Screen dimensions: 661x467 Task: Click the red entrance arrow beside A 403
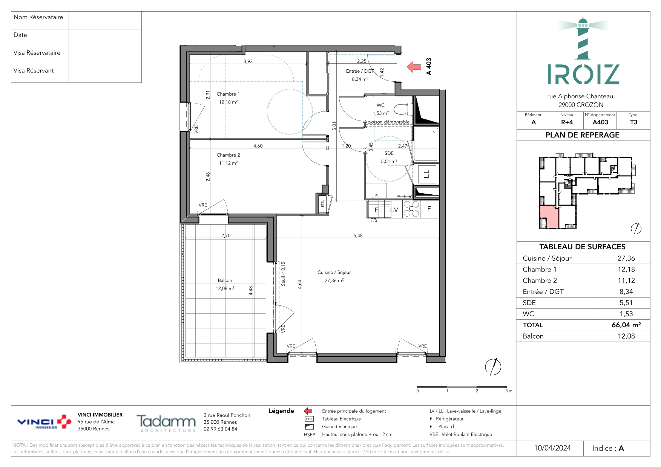tap(414, 67)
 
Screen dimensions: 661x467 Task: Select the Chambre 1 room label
tap(228, 94)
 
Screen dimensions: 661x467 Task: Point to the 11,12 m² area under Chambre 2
tap(229, 163)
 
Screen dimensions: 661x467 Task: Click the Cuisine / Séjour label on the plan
tap(334, 272)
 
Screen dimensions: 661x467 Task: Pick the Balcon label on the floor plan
tap(225, 280)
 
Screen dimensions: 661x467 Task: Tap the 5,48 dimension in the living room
tap(358, 235)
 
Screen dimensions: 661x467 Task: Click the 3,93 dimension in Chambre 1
tap(248, 61)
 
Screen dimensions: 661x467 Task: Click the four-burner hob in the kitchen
tap(411, 209)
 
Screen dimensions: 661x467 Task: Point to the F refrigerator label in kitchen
tap(429, 209)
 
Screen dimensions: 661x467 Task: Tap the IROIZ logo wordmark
tap(583, 74)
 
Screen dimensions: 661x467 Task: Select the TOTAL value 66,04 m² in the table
tap(626, 325)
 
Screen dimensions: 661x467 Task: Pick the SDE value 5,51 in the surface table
tap(626, 303)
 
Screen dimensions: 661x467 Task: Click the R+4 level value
tap(567, 122)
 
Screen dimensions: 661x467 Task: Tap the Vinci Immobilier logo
tap(44, 422)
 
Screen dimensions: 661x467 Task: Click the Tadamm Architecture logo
tap(166, 423)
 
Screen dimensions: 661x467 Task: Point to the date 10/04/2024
tap(552, 448)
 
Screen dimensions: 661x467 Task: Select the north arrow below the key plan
tap(636, 228)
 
